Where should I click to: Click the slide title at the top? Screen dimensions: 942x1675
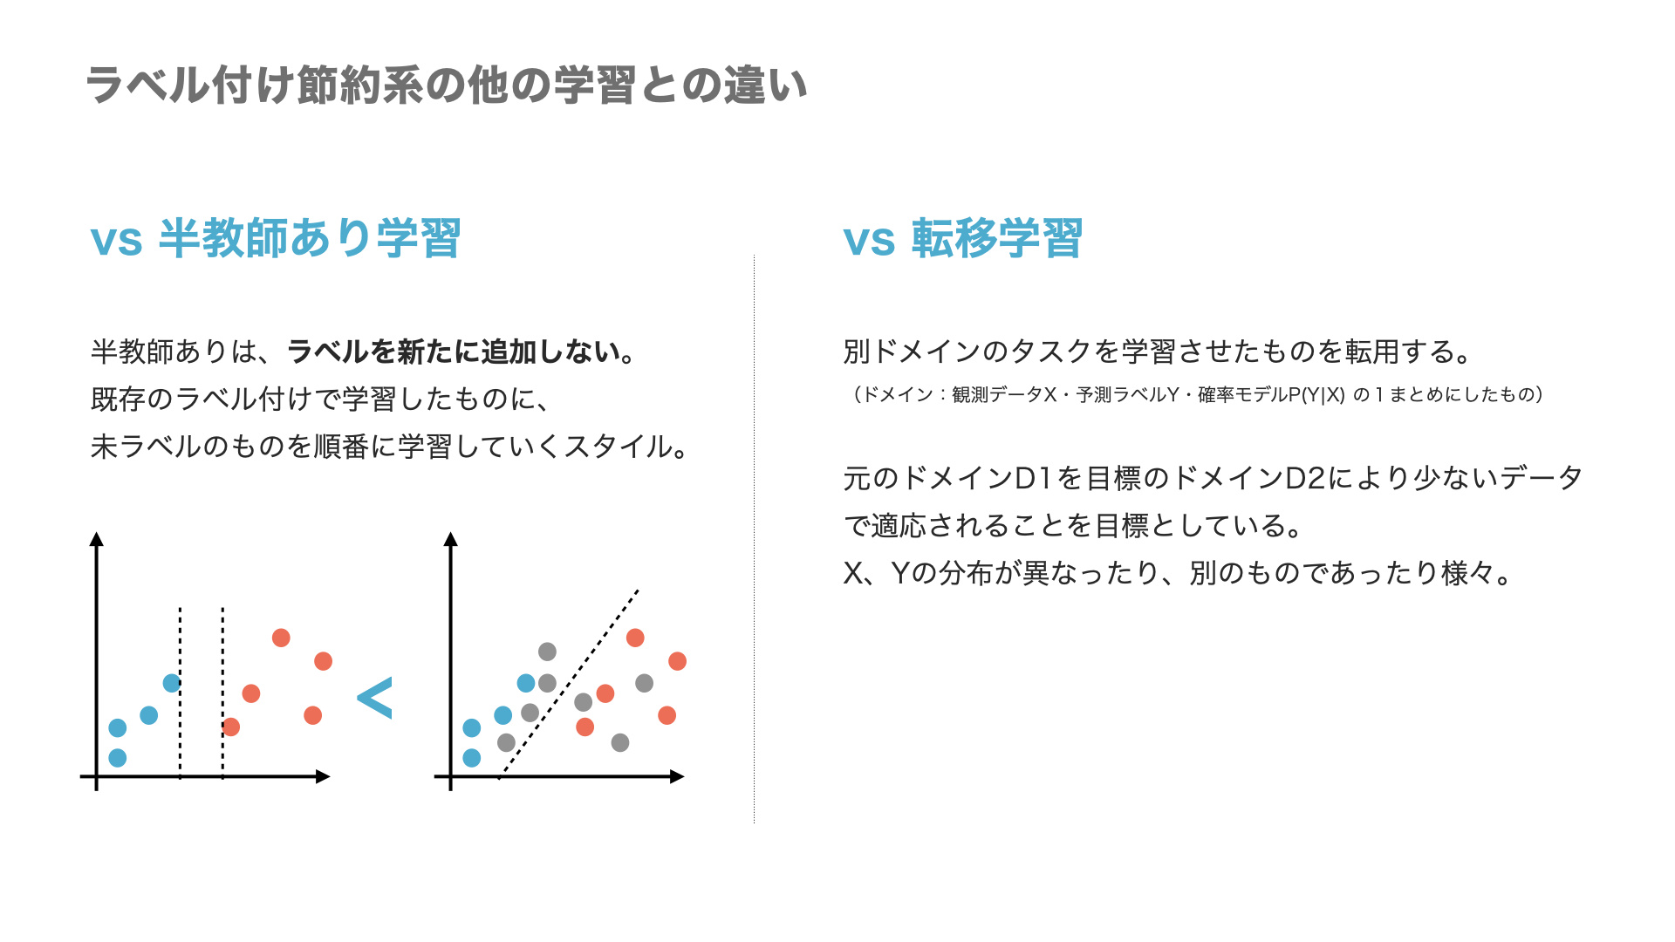[x=446, y=85]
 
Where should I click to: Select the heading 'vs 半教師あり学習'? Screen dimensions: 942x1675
[x=276, y=239]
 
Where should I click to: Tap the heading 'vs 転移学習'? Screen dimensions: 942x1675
[x=962, y=239]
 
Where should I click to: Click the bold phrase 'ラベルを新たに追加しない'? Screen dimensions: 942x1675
[x=452, y=352]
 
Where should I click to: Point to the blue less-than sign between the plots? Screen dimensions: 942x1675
[x=375, y=698]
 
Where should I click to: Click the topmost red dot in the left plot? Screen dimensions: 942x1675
[x=281, y=638]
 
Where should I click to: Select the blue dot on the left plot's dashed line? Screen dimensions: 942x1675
[x=172, y=683]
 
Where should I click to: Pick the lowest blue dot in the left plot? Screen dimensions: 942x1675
[x=118, y=757]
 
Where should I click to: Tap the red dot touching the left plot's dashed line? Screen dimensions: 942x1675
[x=231, y=727]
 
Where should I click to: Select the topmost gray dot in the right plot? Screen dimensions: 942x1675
[x=547, y=652]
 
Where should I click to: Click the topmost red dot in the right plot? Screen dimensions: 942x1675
[x=635, y=638]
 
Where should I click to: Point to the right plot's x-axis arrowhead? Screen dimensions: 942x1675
[x=677, y=776]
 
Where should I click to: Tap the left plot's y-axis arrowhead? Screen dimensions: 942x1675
[x=97, y=539]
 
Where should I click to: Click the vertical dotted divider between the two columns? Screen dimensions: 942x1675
[x=754, y=541]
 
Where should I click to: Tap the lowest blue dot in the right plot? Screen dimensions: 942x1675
[x=472, y=757]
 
